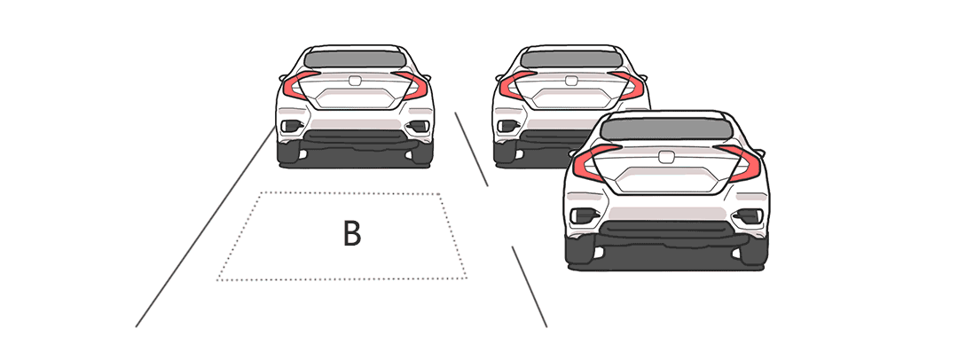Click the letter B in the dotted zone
pyautogui.click(x=352, y=233)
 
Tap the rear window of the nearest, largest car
pyautogui.click(x=666, y=129)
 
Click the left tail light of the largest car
pyautogui.click(x=595, y=163)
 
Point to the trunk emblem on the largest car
pyautogui.click(x=666, y=156)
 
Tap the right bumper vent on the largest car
pyautogui.click(x=748, y=215)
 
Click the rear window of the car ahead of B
pyautogui.click(x=355, y=59)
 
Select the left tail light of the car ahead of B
pyautogui.click(x=300, y=85)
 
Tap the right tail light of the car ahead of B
pyautogui.click(x=410, y=85)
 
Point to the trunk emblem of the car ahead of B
pyautogui.click(x=355, y=80)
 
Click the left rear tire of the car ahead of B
pyautogui.click(x=288, y=153)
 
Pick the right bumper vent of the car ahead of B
pyautogui.click(x=419, y=127)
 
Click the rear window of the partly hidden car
pyautogui.click(x=571, y=59)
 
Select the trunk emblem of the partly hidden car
pyautogui.click(x=571, y=80)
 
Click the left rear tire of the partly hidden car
pyautogui.click(x=505, y=153)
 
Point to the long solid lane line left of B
pyautogui.click(x=205, y=226)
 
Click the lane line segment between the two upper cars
pyautogui.click(x=471, y=149)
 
